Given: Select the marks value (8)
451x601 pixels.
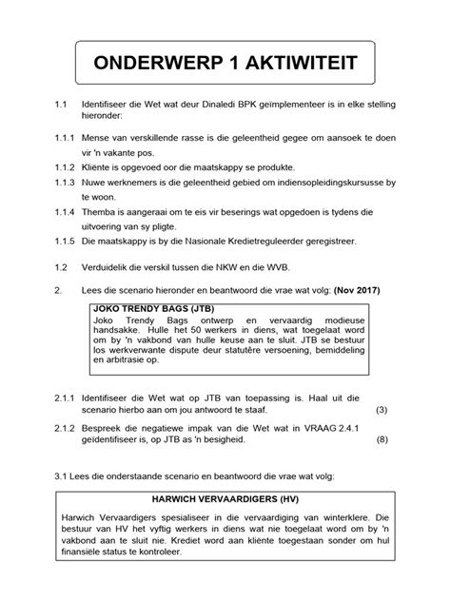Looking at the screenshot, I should [x=382, y=440].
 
